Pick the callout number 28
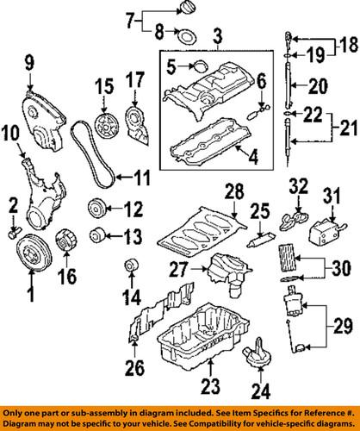click(x=232, y=190)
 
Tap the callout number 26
click(x=132, y=371)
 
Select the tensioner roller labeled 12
click(x=96, y=209)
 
